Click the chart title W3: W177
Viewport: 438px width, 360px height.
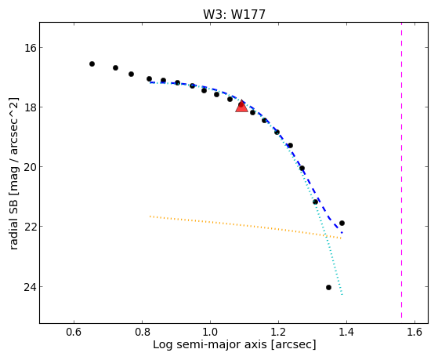click(234, 14)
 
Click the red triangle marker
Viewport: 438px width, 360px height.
click(241, 107)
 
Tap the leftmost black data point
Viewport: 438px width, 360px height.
click(92, 64)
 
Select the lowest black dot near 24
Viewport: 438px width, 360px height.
click(328, 288)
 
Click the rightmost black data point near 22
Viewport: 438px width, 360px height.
click(342, 224)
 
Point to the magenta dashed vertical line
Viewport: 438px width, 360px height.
click(402, 170)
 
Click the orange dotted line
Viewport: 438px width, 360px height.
click(246, 227)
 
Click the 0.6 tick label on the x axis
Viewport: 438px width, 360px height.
click(74, 332)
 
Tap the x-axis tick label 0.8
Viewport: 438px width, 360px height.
click(142, 332)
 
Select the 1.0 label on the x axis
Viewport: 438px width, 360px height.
click(210, 332)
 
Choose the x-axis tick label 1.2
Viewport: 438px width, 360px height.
click(278, 332)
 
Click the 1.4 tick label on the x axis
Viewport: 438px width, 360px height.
click(346, 332)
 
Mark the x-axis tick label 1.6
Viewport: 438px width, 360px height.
click(414, 332)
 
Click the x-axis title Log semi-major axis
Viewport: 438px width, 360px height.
click(210, 345)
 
